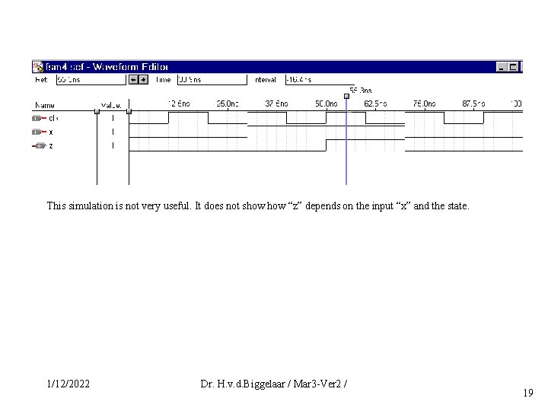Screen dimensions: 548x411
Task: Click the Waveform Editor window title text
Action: tap(107, 67)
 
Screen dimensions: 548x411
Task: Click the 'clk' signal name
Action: tap(53, 118)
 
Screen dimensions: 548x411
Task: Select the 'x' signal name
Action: tap(51, 132)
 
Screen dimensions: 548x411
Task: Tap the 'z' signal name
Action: tap(51, 145)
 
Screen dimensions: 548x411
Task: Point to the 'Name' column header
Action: tap(45, 104)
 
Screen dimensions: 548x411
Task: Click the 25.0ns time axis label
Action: tap(227, 104)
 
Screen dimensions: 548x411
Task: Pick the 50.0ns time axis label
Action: tap(327, 104)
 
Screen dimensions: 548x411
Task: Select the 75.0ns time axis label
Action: tap(425, 104)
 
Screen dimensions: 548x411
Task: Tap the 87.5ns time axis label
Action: tap(473, 104)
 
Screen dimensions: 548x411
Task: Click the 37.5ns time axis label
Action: tap(276, 104)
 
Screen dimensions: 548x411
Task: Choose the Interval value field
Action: tap(320, 79)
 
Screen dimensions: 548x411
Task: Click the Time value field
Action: tap(212, 79)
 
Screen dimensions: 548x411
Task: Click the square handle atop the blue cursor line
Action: tap(346, 96)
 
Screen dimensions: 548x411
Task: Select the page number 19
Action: tap(528, 393)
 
